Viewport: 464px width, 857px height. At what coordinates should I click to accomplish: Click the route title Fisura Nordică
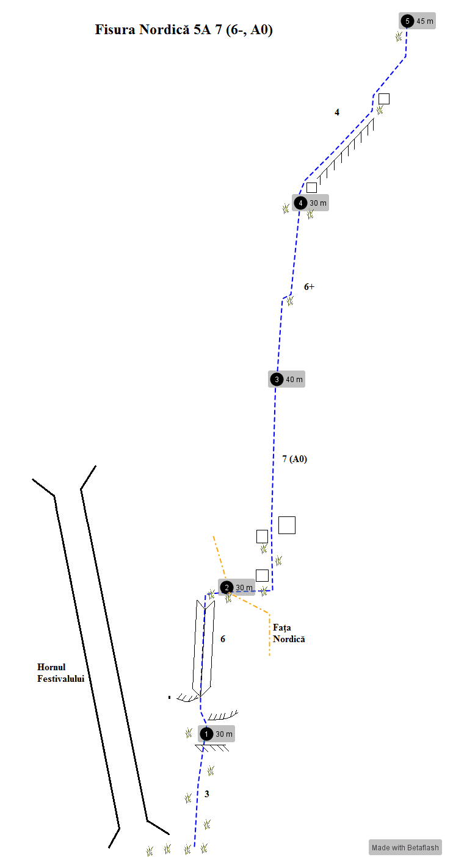142,29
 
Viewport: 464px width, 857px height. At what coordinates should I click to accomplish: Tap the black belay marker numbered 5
407,21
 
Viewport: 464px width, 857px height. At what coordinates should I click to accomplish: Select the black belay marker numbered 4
300,203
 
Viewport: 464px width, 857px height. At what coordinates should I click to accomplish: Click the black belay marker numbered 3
277,380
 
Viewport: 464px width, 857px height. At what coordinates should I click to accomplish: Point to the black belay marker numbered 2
227,588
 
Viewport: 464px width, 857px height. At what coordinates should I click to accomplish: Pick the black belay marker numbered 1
206,734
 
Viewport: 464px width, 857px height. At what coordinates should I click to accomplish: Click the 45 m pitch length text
425,21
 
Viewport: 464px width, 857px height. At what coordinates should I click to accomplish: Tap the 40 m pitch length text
294,380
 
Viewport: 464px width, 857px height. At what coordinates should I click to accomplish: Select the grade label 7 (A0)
294,459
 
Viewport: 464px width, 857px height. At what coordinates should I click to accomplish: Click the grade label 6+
309,286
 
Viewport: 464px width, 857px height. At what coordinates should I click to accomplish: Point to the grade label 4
337,112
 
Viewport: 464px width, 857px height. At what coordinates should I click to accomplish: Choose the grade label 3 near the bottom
207,794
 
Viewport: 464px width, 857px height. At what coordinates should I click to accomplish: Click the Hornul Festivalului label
60,673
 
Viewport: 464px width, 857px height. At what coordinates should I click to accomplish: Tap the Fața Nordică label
289,633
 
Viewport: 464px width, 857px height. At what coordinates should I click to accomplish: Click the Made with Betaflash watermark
405,847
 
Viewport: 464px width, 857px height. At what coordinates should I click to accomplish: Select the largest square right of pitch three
287,526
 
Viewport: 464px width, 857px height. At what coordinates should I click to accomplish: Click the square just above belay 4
312,188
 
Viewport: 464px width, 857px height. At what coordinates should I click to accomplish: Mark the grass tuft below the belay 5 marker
399,37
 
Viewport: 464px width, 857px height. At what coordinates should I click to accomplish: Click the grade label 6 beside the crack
223,639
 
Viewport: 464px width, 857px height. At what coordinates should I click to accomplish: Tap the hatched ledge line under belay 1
212,748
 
